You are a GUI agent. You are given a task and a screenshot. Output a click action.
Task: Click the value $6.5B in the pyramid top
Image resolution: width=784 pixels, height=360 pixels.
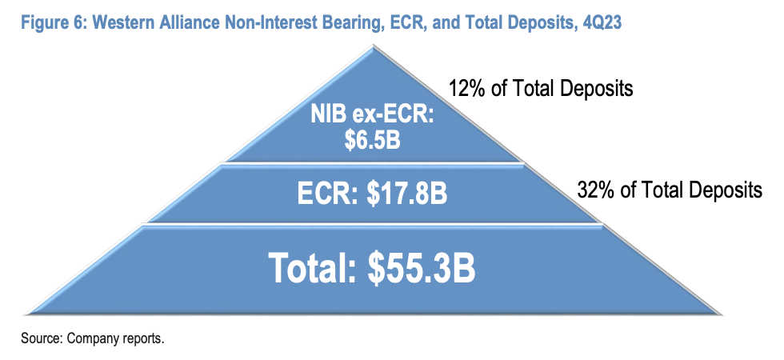coord(371,141)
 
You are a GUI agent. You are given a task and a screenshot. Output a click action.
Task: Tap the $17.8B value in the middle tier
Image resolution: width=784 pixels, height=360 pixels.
coord(406,194)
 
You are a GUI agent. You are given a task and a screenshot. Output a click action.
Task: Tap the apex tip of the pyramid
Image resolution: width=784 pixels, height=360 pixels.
coord(371,45)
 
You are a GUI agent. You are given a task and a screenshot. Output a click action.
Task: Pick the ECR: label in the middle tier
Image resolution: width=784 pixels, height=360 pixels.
coord(328,194)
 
